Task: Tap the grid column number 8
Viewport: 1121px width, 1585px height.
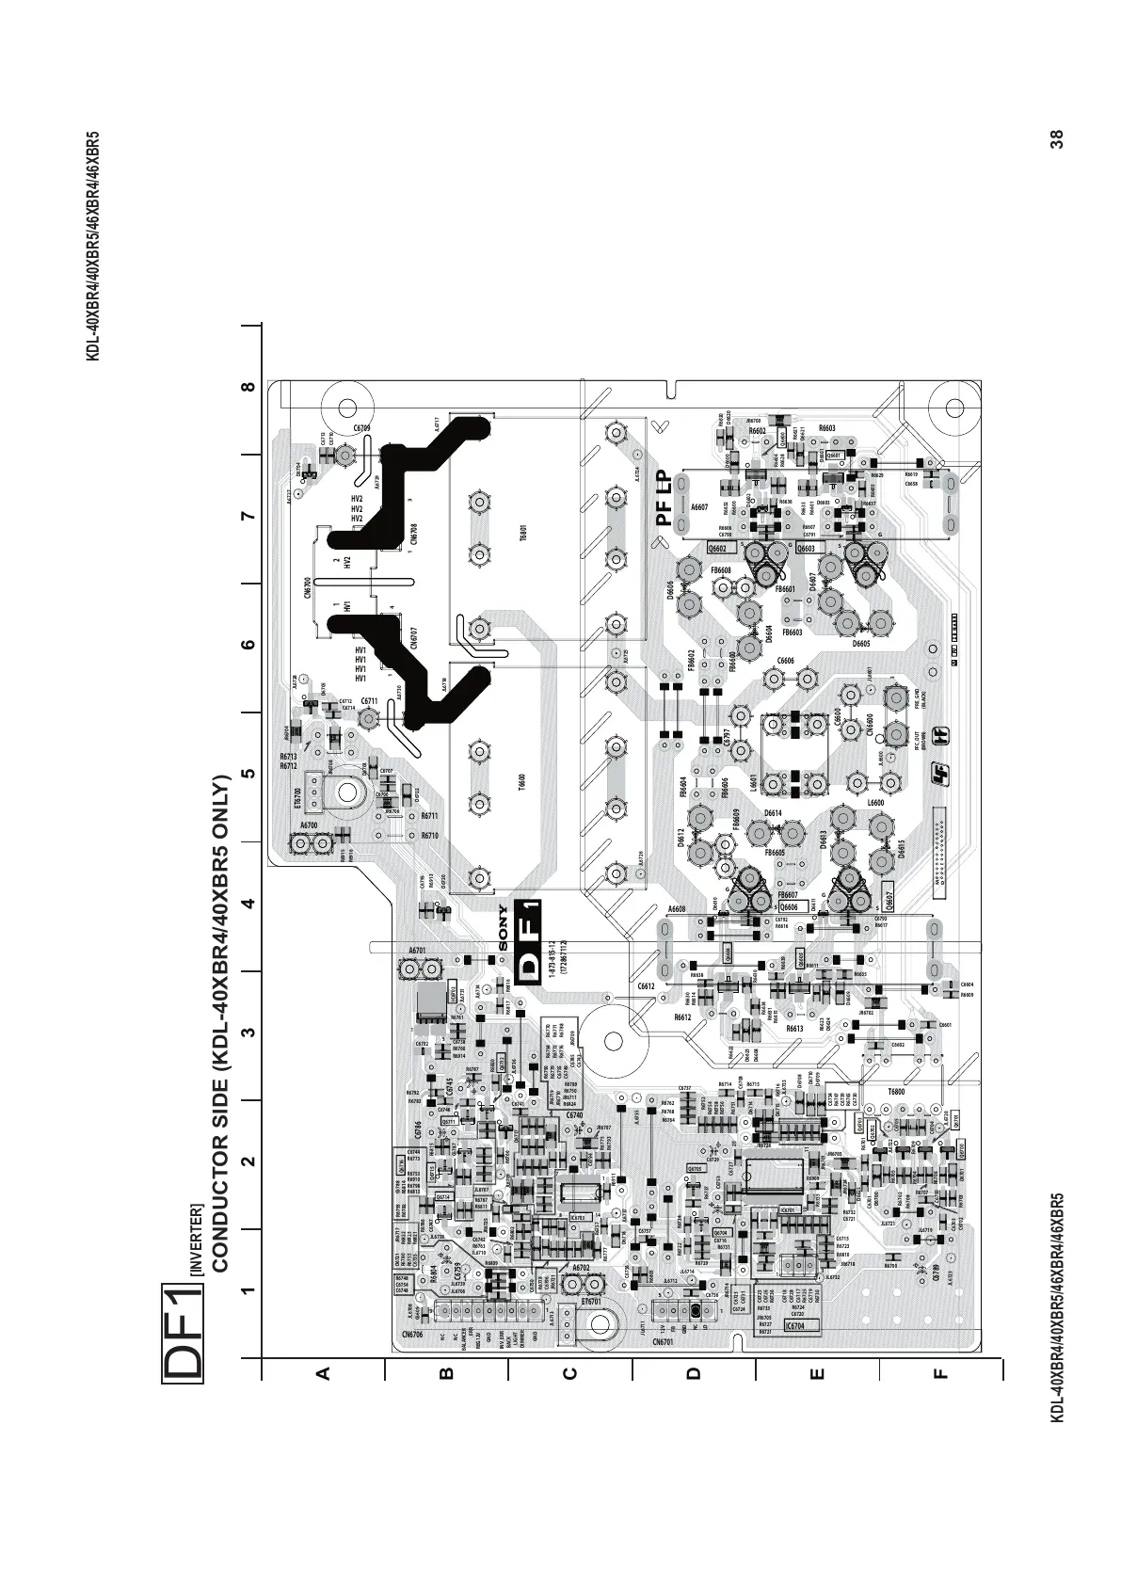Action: click(248, 387)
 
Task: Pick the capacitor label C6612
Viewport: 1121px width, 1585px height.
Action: click(646, 985)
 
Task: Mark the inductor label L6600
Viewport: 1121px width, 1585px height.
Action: click(874, 802)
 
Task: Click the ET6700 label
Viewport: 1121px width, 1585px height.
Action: click(297, 798)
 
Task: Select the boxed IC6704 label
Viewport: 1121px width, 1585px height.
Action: click(795, 1325)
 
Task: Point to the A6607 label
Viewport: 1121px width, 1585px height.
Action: click(699, 507)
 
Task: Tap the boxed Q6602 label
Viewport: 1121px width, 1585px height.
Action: click(718, 548)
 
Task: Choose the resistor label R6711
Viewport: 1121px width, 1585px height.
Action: click(429, 816)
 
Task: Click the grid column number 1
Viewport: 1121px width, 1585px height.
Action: click(248, 1291)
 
